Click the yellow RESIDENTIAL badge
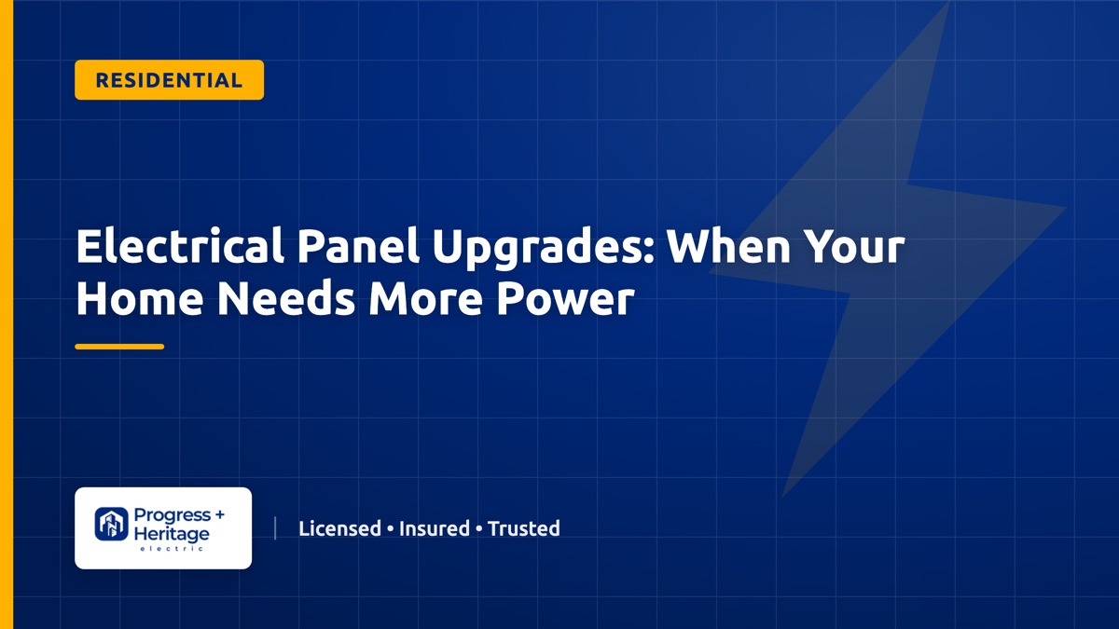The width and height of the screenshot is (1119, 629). tap(170, 80)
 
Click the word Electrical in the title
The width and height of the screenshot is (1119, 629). tap(180, 246)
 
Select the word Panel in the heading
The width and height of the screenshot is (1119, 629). tap(358, 246)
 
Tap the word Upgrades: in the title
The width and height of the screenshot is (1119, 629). tap(544, 250)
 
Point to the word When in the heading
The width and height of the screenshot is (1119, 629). tap(730, 246)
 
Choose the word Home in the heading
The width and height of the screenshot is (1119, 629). tap(140, 298)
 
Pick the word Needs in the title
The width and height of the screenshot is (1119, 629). tap(287, 298)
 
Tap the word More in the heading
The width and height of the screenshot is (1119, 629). tap(426, 298)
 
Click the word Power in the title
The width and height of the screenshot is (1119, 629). tap(565, 298)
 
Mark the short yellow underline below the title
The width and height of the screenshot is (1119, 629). tap(119, 347)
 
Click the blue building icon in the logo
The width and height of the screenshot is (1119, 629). tap(111, 524)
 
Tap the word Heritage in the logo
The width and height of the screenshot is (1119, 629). tap(172, 534)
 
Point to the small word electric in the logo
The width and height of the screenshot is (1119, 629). tap(172, 549)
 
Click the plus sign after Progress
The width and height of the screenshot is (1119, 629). tap(219, 514)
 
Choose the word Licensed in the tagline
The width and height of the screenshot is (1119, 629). tap(339, 528)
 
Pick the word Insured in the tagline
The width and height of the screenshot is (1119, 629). tap(435, 528)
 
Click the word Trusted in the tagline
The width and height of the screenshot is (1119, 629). tap(523, 528)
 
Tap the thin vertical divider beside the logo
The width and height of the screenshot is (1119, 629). tap(275, 528)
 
